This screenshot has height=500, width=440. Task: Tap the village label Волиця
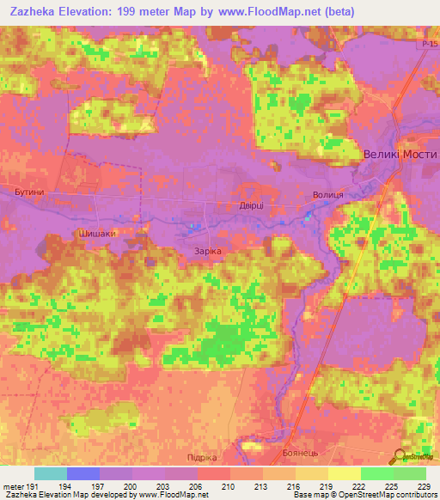[328, 196]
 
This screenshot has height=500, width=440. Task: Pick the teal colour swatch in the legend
[51, 473]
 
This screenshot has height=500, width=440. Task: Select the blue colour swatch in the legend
[83, 473]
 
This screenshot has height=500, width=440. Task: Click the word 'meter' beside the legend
[12, 486]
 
